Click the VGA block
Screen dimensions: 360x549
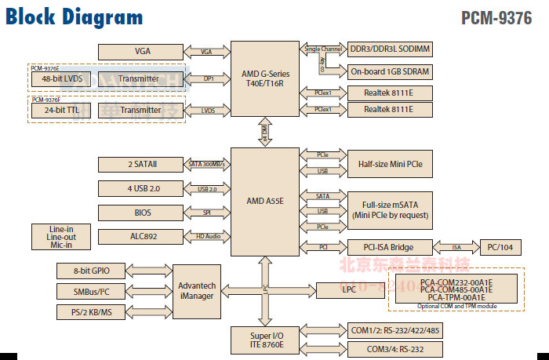(142, 52)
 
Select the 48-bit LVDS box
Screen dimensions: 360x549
(63, 79)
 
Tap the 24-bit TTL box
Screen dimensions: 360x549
(63, 111)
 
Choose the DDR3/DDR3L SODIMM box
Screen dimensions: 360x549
(390, 49)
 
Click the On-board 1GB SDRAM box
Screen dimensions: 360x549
(390, 71)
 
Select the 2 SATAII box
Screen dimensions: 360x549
(142, 164)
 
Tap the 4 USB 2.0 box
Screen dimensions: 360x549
(142, 188)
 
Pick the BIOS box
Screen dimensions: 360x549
(142, 213)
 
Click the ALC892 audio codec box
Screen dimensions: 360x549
(142, 236)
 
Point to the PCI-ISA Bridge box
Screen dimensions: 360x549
(390, 247)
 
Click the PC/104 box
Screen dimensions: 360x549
(500, 247)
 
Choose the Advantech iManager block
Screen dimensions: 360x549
(196, 291)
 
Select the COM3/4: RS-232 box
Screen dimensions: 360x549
(390, 348)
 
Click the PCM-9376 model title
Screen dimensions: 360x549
(496, 18)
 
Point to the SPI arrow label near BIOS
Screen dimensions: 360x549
(207, 213)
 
